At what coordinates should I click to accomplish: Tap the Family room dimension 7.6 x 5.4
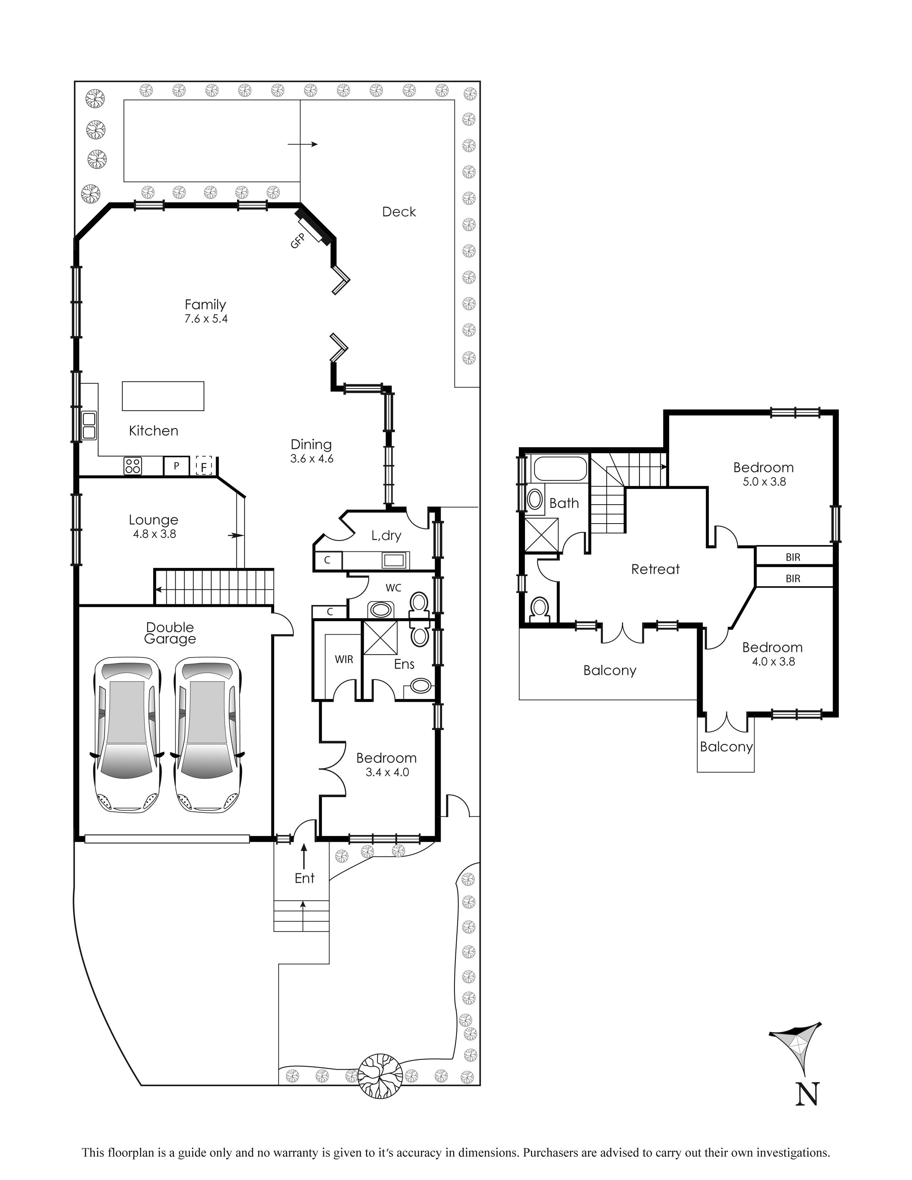pos(206,319)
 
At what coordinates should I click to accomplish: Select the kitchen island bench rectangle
pos(163,396)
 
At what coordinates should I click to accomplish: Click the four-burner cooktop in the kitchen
pos(133,465)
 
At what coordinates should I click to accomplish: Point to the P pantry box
pos(176,466)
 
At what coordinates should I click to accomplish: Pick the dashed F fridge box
pos(204,466)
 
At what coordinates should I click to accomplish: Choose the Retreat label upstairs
pos(655,569)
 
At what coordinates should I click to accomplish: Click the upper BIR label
pos(793,557)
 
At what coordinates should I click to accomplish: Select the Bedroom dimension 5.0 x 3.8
pos(764,482)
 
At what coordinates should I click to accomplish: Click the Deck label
pos(399,212)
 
